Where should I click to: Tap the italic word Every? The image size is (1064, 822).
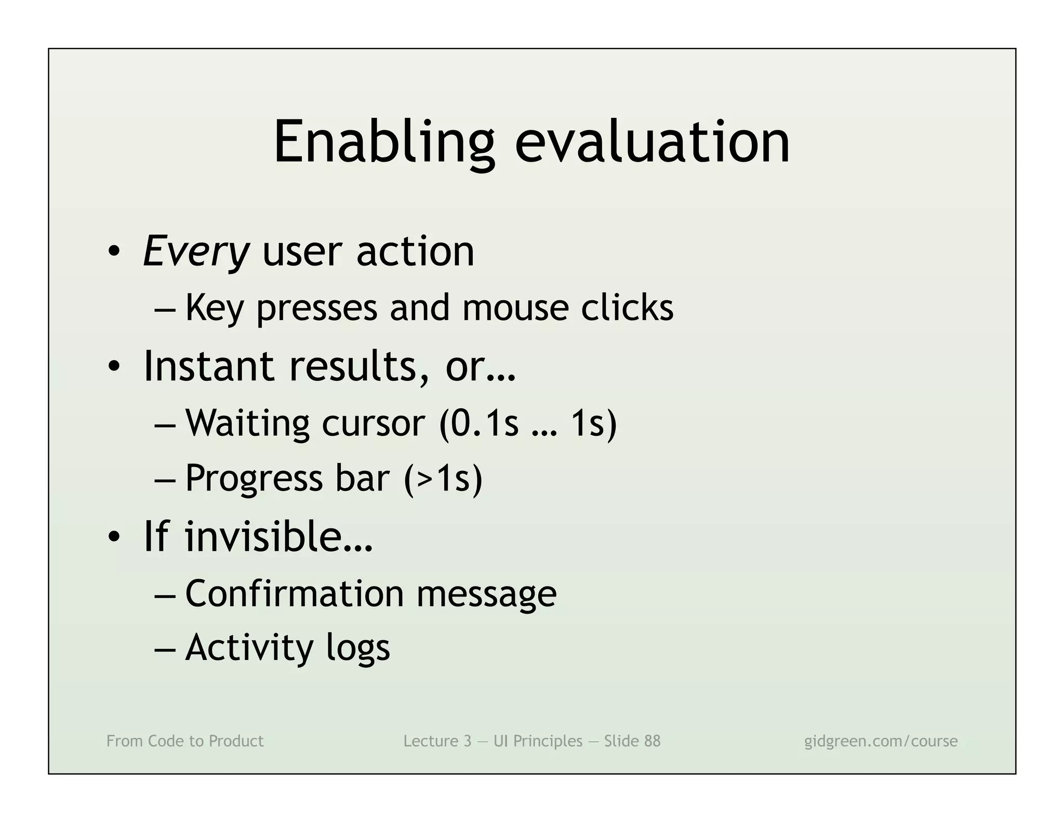click(196, 252)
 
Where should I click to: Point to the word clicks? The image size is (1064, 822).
click(627, 308)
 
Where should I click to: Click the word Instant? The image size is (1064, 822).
click(208, 366)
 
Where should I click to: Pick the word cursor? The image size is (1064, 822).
click(373, 423)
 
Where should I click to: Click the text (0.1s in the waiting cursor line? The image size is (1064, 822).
click(478, 423)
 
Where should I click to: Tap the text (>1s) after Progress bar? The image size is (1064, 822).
click(443, 479)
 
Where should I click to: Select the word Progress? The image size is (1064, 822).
click(254, 479)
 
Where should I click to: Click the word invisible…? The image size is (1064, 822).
click(279, 537)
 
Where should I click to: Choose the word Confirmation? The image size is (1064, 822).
click(294, 593)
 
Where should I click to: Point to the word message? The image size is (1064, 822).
click(486, 593)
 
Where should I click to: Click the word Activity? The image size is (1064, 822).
click(249, 648)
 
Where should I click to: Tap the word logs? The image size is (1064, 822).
click(358, 648)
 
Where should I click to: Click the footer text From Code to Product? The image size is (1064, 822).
click(185, 741)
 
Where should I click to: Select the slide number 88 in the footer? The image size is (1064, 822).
click(652, 741)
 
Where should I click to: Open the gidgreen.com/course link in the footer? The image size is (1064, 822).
click(881, 741)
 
